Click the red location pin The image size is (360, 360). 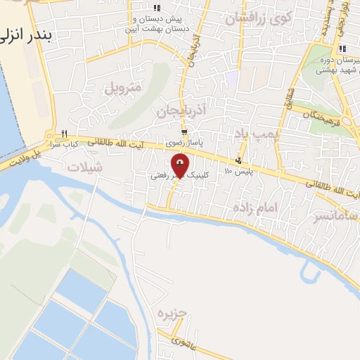181,167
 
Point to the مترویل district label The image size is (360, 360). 124,88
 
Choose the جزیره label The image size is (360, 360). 172,313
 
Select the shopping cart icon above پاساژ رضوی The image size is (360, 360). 184,132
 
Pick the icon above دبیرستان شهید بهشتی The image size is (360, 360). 342,49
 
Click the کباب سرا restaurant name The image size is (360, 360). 63,143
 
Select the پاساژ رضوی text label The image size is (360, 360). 183,143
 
